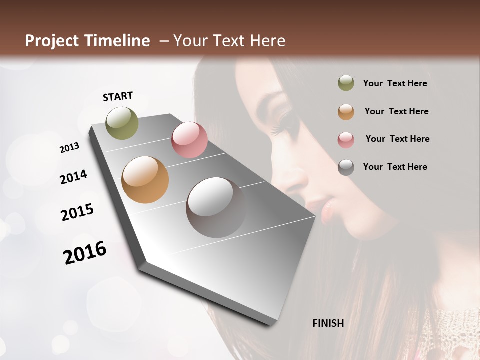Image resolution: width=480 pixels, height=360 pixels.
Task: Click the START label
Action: (118, 96)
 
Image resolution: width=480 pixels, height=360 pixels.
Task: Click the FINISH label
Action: (328, 323)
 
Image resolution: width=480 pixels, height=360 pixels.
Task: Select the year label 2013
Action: (69, 148)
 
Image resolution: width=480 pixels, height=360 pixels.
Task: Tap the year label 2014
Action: (73, 177)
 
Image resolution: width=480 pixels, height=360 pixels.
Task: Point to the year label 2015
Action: (77, 212)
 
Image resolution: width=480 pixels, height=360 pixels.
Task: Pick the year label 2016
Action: (85, 253)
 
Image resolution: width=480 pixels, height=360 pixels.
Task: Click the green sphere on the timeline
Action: (122, 123)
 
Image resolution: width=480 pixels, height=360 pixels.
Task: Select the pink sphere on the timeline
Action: (189, 140)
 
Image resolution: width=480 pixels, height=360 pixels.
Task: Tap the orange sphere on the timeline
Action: (145, 180)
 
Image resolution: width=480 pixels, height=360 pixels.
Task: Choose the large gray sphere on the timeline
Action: (215, 207)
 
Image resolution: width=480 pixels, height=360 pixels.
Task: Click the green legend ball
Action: (346, 83)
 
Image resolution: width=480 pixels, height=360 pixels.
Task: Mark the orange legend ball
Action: (346, 111)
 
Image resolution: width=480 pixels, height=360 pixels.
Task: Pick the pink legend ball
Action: (346, 139)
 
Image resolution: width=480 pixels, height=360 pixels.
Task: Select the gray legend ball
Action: (346, 167)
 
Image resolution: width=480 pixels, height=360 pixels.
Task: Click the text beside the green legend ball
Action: (395, 83)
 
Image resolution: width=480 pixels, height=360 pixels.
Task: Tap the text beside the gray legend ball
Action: (395, 167)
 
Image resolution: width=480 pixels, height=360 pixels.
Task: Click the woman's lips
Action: (326, 210)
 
